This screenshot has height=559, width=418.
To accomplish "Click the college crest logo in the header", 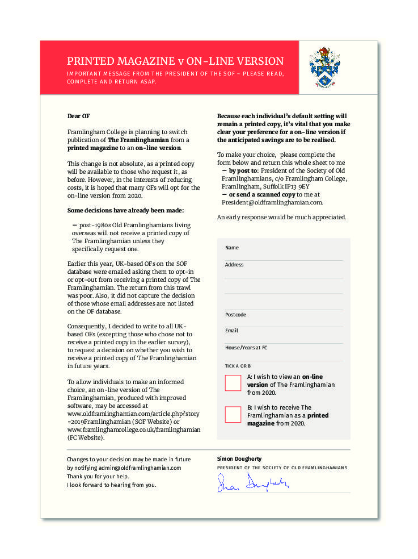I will pyautogui.click(x=324, y=68).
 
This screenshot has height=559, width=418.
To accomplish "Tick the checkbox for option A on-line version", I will pyautogui.click(x=233, y=382).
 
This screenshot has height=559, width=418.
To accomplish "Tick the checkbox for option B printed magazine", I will pyautogui.click(x=233, y=414).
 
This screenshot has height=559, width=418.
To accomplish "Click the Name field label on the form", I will pyautogui.click(x=232, y=248).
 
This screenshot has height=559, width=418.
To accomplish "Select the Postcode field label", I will pyautogui.click(x=235, y=315).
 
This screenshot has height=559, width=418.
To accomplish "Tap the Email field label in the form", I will pyautogui.click(x=231, y=331).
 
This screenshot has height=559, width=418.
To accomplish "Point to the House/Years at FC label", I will pyautogui.click(x=246, y=347).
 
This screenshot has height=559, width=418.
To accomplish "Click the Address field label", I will pyautogui.click(x=234, y=265).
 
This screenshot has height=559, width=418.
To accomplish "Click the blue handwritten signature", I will pyautogui.click(x=254, y=483).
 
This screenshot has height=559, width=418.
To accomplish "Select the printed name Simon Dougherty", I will pyautogui.click(x=239, y=458).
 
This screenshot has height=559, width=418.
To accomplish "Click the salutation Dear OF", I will pyautogui.click(x=78, y=116).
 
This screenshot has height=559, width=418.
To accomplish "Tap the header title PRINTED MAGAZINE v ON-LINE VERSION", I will pyautogui.click(x=175, y=61).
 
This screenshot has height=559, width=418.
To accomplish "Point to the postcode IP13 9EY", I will pyautogui.click(x=297, y=186).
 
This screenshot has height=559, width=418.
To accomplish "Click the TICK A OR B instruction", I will pyautogui.click(x=238, y=366).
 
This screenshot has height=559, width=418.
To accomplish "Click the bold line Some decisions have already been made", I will pyautogui.click(x=125, y=210).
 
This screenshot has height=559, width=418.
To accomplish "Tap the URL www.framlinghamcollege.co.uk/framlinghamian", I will pyautogui.click(x=134, y=429).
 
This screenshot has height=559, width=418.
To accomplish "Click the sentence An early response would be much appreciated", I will pyautogui.click(x=281, y=217).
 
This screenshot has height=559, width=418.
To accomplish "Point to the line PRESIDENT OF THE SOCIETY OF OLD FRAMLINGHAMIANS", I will pyautogui.click(x=282, y=468).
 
